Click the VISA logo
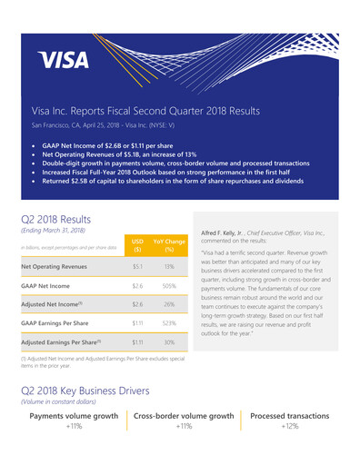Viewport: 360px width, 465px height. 64,60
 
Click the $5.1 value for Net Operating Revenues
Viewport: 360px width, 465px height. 138,267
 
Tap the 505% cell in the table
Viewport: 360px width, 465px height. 169,292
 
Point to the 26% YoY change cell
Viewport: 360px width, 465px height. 169,317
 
